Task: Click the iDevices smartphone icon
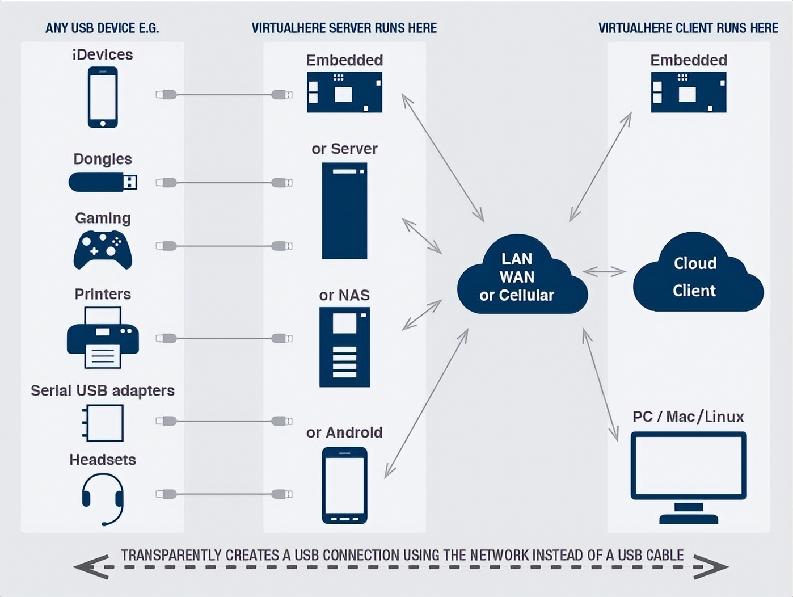click(x=103, y=97)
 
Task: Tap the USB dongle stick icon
click(x=102, y=182)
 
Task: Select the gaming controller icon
click(x=103, y=249)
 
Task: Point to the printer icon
click(x=103, y=338)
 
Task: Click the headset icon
click(x=103, y=498)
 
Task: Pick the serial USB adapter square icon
click(x=103, y=423)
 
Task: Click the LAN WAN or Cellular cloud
click(x=521, y=277)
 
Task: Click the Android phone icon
click(x=344, y=485)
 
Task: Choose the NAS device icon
click(x=344, y=347)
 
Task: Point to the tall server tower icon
click(x=344, y=211)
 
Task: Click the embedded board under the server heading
click(x=344, y=92)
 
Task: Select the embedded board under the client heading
click(x=688, y=92)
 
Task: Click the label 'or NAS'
click(x=344, y=295)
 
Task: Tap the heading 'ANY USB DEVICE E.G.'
click(x=102, y=28)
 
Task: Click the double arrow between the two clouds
click(x=604, y=272)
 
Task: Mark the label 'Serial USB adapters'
click(x=103, y=390)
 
